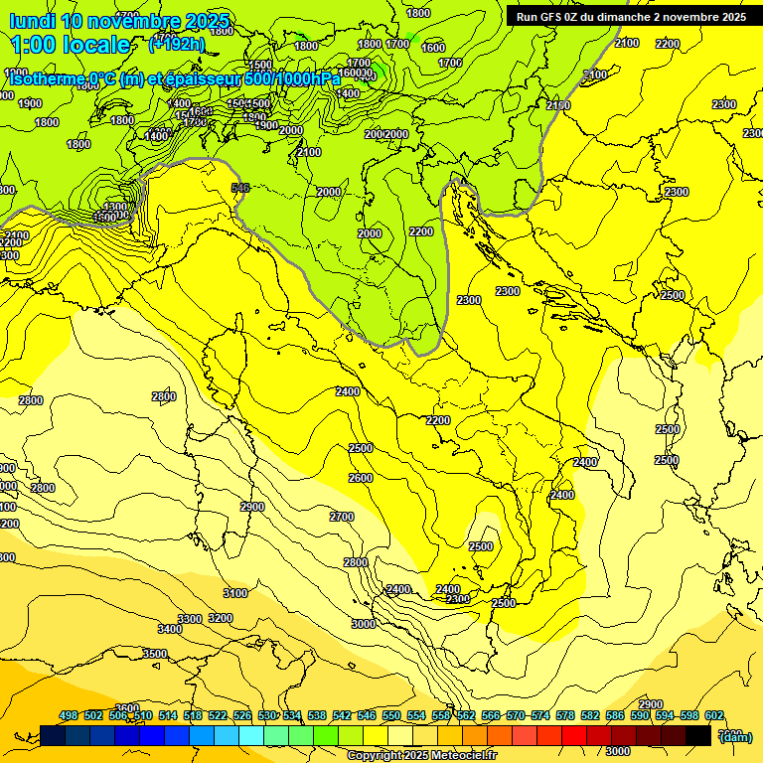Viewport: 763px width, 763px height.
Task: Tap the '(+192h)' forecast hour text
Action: (x=177, y=44)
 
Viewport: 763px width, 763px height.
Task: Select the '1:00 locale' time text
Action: (x=71, y=45)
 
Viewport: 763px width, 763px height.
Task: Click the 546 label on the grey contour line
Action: (x=239, y=187)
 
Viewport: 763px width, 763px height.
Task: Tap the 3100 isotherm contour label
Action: (x=234, y=593)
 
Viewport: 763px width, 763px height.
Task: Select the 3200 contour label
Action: (x=220, y=618)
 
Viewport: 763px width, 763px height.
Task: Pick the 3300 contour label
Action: (x=190, y=618)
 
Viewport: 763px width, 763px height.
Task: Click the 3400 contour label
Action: (x=170, y=629)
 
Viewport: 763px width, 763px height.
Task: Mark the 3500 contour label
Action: (x=154, y=654)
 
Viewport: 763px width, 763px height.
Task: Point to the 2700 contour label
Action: (x=342, y=517)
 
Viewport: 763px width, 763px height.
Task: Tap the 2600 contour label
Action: (x=361, y=478)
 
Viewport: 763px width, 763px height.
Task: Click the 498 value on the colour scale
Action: (x=69, y=715)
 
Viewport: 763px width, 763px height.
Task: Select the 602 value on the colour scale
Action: (x=713, y=715)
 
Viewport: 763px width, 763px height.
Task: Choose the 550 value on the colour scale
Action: (x=391, y=715)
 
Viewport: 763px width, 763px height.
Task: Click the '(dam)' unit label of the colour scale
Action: (x=734, y=737)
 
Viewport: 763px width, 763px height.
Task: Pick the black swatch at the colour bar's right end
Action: (x=698, y=735)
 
